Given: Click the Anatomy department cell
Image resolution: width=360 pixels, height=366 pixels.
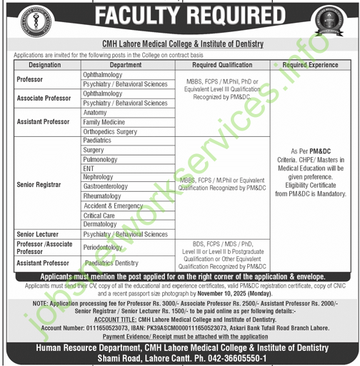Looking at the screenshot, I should pyautogui.click(x=95, y=113).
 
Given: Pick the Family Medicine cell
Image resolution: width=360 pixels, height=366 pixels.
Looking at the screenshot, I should pyautogui.click(x=104, y=122).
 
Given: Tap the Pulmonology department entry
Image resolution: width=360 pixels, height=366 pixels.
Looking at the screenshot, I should pyautogui.click(x=99, y=159).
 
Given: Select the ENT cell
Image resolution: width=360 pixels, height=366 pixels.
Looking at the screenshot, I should pyautogui.click(x=89, y=168).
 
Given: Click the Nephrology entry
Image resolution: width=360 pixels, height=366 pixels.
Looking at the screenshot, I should pyautogui.click(x=98, y=177).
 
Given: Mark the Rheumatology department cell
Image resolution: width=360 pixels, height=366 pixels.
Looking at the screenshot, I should pyautogui.click(x=102, y=195).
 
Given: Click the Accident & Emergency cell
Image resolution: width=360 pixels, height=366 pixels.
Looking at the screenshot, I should pyautogui.click(x=113, y=205).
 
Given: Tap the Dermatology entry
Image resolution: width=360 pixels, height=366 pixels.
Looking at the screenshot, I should pyautogui.click(x=100, y=224).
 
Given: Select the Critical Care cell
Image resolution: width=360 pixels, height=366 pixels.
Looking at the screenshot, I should pyautogui.click(x=99, y=215).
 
